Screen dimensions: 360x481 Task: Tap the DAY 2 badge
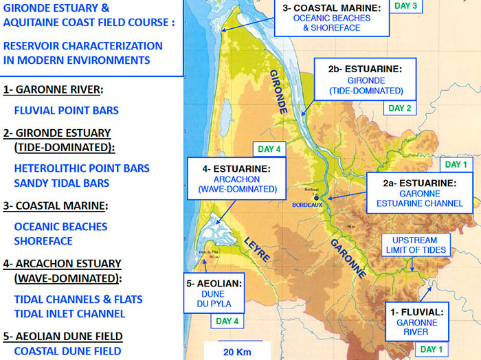(399, 108)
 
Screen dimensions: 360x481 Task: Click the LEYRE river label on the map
(258, 247)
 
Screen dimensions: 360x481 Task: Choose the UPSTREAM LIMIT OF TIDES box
(418, 245)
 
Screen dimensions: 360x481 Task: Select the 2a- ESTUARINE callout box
(423, 193)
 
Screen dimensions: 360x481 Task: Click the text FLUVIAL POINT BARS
(66, 110)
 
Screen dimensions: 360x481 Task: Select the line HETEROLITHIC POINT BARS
(82, 168)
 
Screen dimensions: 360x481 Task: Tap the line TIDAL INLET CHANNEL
(69, 314)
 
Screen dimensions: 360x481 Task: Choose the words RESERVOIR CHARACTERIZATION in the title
(83, 46)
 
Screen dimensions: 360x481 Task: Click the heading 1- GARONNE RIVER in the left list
(53, 89)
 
